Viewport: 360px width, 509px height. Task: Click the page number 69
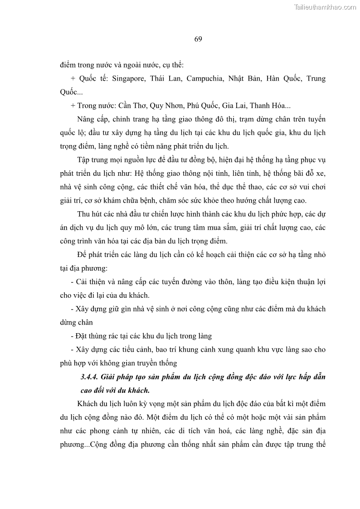coord(198,39)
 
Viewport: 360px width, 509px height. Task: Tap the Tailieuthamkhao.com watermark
coord(325,7)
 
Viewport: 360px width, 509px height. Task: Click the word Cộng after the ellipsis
coord(101,445)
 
